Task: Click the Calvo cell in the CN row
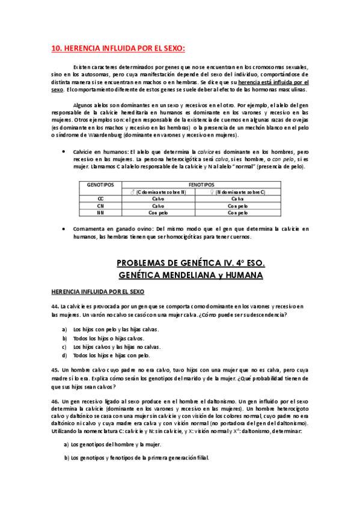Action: click(x=158, y=205)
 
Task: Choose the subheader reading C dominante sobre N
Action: click(x=159, y=191)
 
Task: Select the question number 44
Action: click(x=55, y=307)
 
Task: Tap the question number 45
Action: click(x=55, y=370)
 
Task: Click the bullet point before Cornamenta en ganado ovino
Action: click(x=64, y=229)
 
